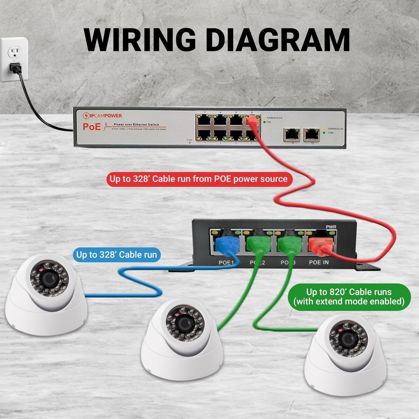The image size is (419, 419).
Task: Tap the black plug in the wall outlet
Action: click(16, 67)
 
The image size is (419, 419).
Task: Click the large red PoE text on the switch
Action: click(92, 127)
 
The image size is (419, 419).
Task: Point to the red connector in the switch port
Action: click(251, 122)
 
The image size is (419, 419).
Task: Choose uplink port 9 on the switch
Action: click(292, 134)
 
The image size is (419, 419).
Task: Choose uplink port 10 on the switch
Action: click(312, 134)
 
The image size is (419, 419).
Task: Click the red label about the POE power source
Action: click(198, 179)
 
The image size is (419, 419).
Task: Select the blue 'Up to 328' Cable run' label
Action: click(116, 254)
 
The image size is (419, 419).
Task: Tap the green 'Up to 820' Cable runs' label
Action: click(349, 297)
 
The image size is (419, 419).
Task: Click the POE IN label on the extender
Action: click(319, 263)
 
